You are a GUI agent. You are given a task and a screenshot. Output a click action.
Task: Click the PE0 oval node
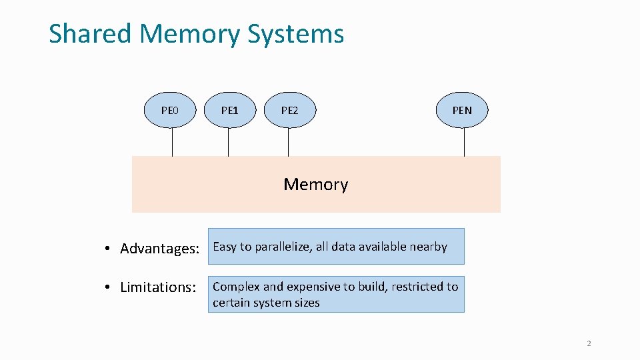tap(170, 110)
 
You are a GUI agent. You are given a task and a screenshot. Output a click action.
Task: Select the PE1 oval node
tap(230, 110)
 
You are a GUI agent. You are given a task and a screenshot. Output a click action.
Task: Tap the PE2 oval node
tap(290, 110)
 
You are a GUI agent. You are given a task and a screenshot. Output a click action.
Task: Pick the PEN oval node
tap(462, 110)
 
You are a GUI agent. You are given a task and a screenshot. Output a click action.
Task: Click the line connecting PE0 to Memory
tap(172, 142)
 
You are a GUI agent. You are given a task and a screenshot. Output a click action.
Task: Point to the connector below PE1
tap(228, 142)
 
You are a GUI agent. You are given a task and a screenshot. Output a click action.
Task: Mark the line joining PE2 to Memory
tap(288, 142)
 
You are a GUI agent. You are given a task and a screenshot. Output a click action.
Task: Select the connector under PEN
tap(464, 142)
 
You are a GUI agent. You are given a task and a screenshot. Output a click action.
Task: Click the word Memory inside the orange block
tap(316, 185)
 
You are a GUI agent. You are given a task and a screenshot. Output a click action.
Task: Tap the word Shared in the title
tap(90, 33)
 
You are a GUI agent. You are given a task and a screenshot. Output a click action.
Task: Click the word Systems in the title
tap(296, 34)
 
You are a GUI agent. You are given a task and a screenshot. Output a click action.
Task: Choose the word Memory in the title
tap(189, 34)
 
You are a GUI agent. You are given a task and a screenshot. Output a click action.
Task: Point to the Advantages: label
tap(159, 248)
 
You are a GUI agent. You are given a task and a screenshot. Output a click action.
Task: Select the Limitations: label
tap(158, 287)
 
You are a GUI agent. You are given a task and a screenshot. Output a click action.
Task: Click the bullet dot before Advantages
tap(107, 248)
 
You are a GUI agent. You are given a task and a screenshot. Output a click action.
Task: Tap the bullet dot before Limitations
tap(107, 287)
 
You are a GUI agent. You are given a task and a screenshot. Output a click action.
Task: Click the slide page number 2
tap(589, 343)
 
